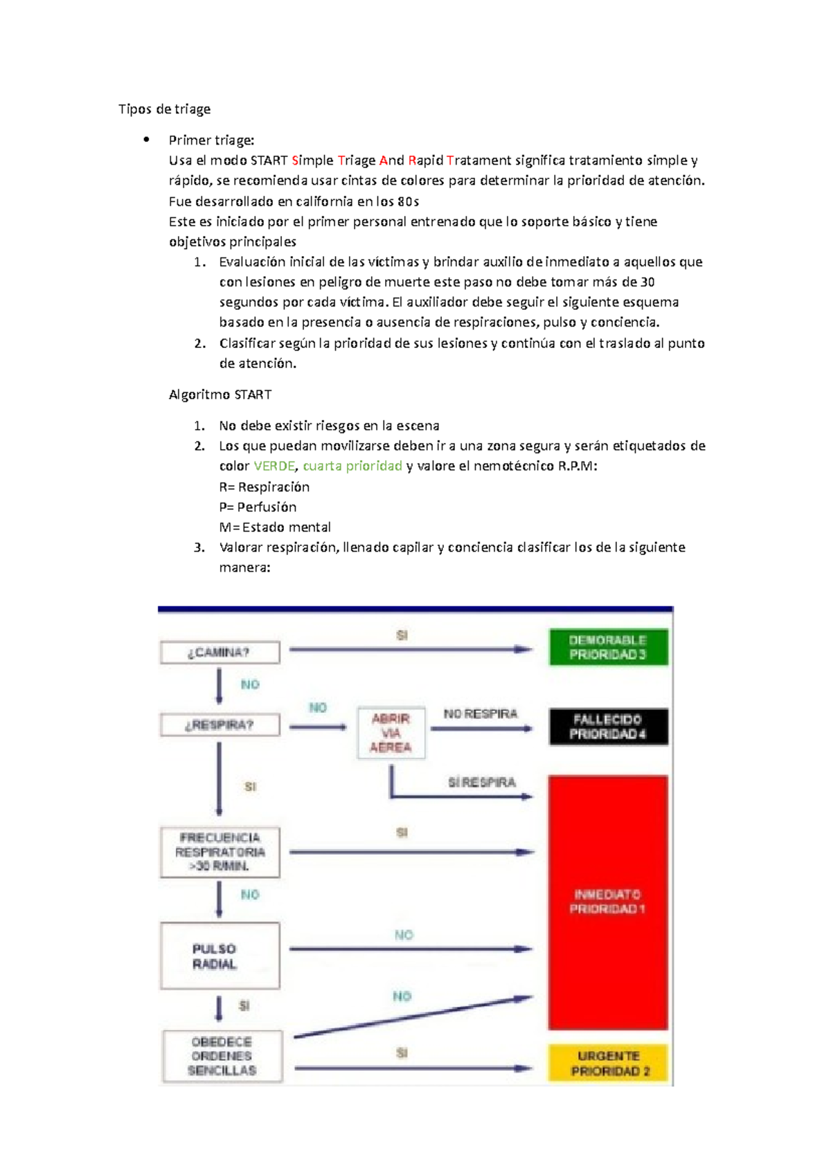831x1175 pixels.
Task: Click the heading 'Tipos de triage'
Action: coord(164,109)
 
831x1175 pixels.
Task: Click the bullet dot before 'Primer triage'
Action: coord(146,140)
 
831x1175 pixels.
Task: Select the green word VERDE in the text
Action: coord(274,466)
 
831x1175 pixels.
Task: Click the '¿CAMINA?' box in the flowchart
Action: coord(220,653)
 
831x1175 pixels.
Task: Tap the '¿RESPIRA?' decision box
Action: coord(220,725)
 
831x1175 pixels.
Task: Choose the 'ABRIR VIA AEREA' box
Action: coord(391,734)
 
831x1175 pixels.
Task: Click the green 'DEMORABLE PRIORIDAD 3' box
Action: coord(608,648)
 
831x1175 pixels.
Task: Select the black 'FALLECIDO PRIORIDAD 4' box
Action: coord(608,727)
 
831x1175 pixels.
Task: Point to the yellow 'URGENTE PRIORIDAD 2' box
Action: coord(608,1064)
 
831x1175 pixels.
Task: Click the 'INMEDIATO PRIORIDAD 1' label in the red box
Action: coord(608,902)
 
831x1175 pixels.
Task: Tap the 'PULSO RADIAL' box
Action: coord(220,956)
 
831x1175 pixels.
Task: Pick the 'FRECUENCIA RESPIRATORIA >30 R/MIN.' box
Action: coord(220,852)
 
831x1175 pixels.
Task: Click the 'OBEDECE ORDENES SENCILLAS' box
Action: coord(222,1056)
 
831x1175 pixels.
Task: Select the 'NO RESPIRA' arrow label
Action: coord(481,714)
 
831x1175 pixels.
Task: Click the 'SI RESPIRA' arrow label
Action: coord(482,783)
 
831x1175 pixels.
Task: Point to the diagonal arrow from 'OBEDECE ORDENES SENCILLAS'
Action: coord(413,1017)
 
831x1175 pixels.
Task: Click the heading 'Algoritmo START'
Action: coord(220,395)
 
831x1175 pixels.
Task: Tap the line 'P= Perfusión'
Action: coord(258,507)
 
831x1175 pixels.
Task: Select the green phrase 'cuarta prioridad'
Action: coord(352,466)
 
